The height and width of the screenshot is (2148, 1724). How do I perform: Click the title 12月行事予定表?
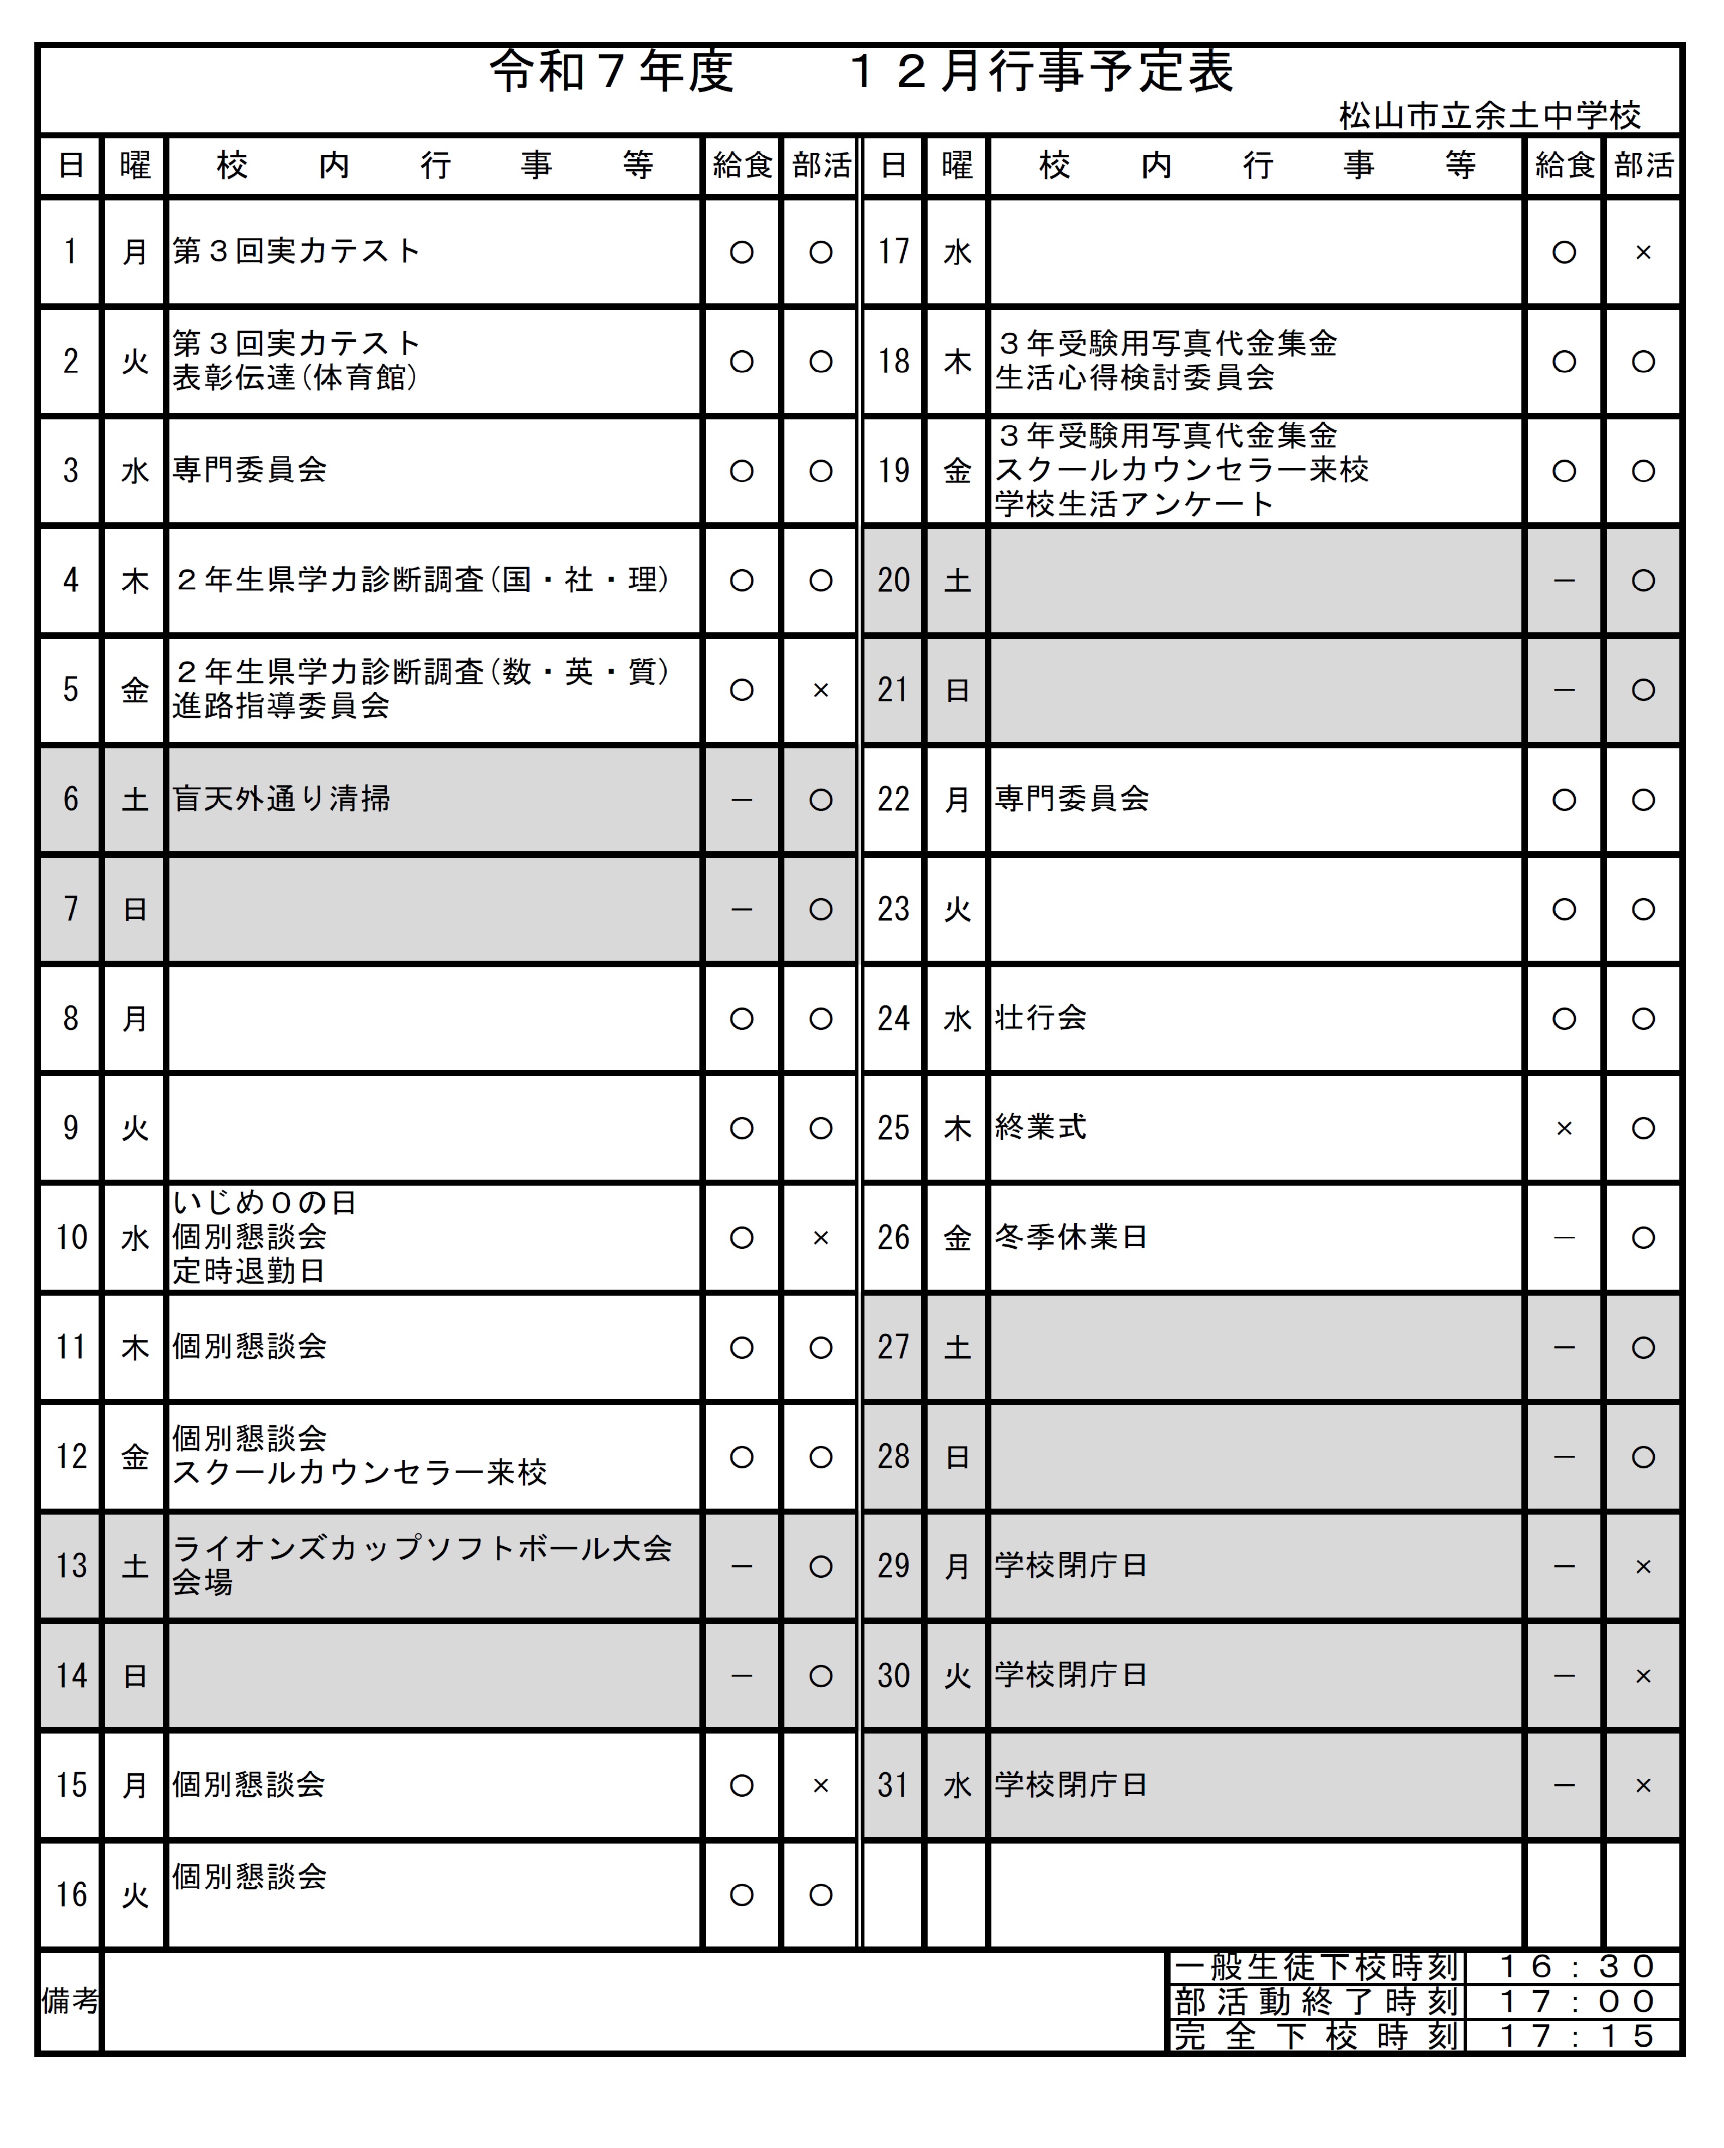click(1041, 72)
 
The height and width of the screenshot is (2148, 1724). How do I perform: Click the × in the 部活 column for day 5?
click(820, 689)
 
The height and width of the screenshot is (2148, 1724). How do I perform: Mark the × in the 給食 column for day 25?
click(1563, 1128)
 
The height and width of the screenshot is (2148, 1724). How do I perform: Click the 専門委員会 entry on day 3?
click(249, 469)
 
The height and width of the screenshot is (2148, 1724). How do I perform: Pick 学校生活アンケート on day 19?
click(1134, 504)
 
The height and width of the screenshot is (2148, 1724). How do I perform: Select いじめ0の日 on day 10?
click(264, 1203)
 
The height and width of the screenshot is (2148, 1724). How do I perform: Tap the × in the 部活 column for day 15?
click(820, 1785)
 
